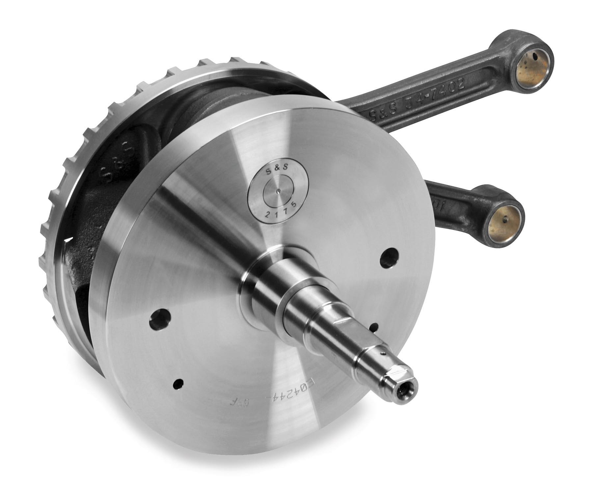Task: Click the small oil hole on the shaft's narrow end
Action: [382, 353]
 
